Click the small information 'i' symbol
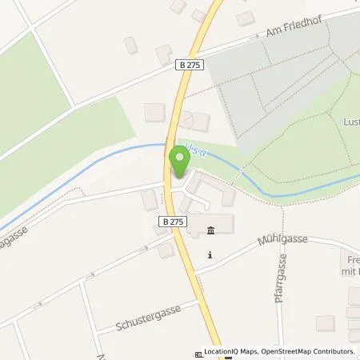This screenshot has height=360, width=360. pos(210,255)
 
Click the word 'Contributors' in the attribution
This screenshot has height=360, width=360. pos(331,351)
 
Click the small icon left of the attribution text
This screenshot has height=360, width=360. pos(198,352)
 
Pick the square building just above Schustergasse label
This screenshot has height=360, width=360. pos(166,250)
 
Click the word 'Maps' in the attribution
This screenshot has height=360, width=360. pos(246,351)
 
